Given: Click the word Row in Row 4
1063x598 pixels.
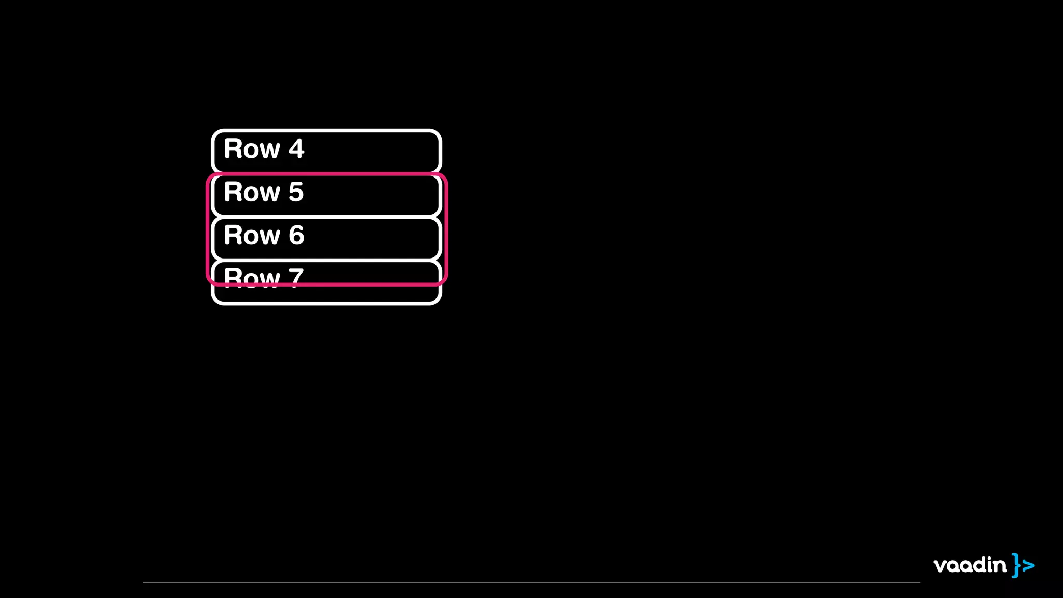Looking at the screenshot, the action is point(252,149).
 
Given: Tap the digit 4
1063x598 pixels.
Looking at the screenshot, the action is point(296,149).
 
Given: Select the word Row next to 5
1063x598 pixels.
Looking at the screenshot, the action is point(252,192).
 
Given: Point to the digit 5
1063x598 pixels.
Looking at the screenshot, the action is point(296,192).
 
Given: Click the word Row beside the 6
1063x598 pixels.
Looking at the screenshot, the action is point(252,235).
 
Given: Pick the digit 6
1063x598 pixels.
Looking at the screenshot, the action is point(296,235).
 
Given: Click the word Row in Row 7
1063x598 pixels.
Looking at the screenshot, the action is point(252,277).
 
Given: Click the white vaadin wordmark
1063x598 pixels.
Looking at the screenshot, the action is point(970,565).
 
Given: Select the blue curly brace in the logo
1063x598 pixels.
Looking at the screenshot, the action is point(1016,565).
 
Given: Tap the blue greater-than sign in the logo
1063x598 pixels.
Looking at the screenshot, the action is point(1028,565).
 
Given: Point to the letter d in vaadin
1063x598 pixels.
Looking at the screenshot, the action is point(982,564).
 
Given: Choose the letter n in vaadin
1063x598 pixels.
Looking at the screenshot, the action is point(1001,566).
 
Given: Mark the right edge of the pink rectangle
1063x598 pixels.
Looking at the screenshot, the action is point(446,228).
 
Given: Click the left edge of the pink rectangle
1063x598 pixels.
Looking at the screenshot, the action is point(208,228).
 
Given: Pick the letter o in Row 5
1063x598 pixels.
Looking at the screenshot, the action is point(252,194).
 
